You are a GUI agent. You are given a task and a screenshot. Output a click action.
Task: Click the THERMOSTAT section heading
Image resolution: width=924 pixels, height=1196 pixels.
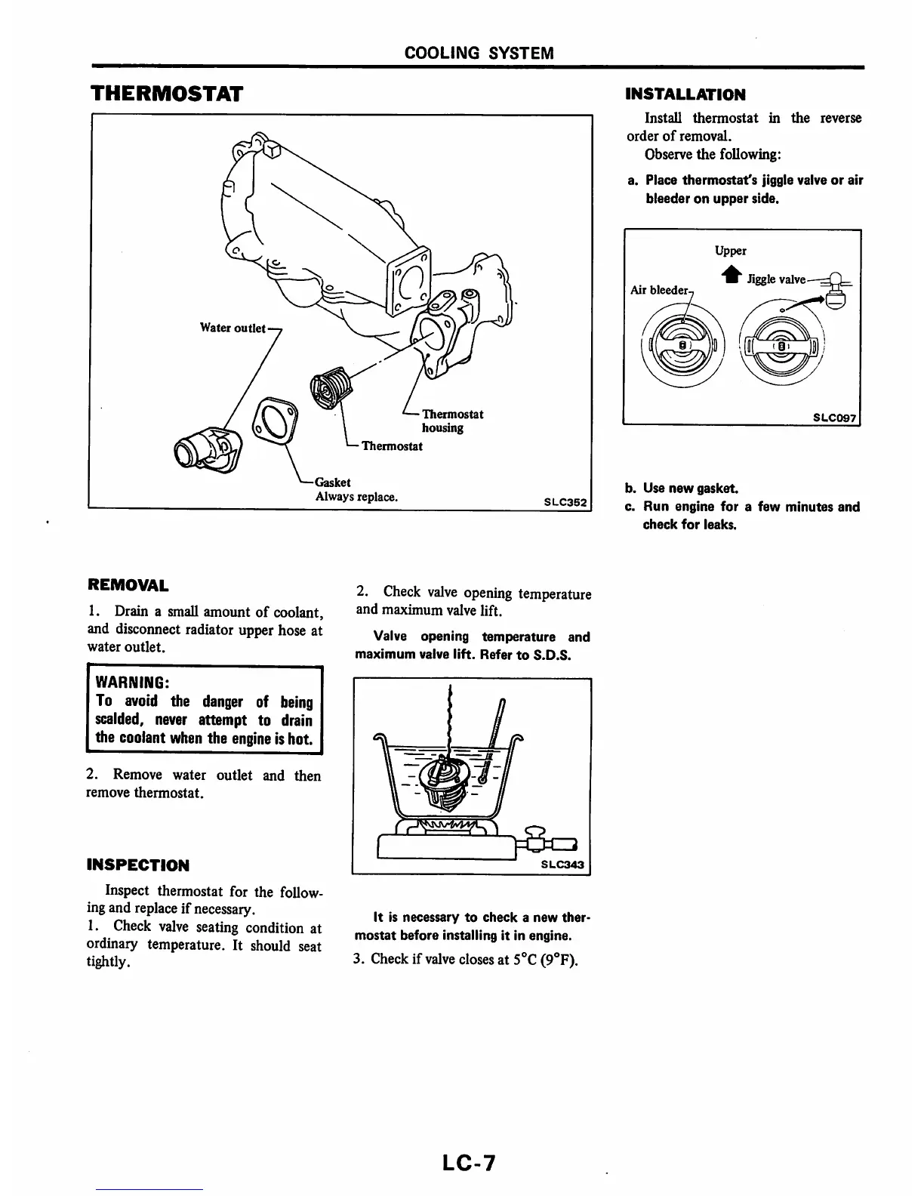click(166, 94)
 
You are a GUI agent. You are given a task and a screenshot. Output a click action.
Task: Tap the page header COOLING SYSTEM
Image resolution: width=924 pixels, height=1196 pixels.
click(479, 53)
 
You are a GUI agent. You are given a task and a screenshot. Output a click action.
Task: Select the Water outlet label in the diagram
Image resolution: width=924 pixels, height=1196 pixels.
click(233, 328)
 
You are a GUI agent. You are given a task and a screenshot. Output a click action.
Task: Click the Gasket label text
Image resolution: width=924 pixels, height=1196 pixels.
click(332, 482)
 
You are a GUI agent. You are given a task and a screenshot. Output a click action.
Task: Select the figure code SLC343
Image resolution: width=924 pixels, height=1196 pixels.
click(563, 865)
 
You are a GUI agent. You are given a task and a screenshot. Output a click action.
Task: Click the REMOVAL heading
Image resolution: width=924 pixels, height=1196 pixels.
click(128, 585)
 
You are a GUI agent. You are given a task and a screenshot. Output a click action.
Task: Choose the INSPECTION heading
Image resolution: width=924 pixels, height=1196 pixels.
click(138, 865)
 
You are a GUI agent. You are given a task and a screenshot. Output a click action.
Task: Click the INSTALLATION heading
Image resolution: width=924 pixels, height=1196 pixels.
click(685, 94)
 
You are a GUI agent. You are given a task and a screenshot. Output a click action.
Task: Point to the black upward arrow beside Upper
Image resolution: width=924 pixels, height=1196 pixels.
click(730, 276)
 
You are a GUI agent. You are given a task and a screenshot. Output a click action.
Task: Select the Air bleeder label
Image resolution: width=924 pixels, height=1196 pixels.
click(660, 290)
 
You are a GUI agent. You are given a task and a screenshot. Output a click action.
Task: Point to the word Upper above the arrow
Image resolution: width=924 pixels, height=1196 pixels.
click(730, 251)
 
